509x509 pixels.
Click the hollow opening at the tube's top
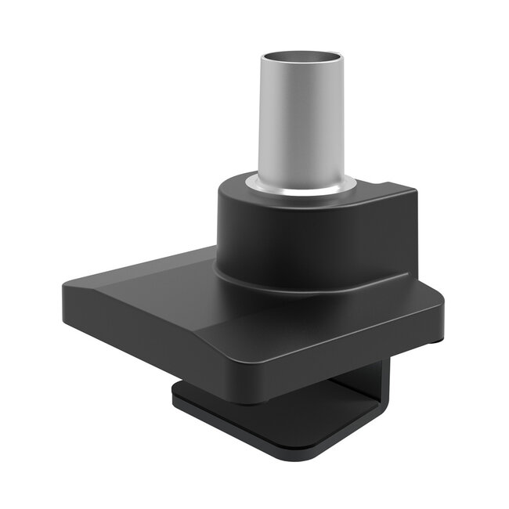tap(301, 60)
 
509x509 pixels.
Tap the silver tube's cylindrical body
tap(301, 125)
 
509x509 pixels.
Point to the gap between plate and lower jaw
tap(329, 392)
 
